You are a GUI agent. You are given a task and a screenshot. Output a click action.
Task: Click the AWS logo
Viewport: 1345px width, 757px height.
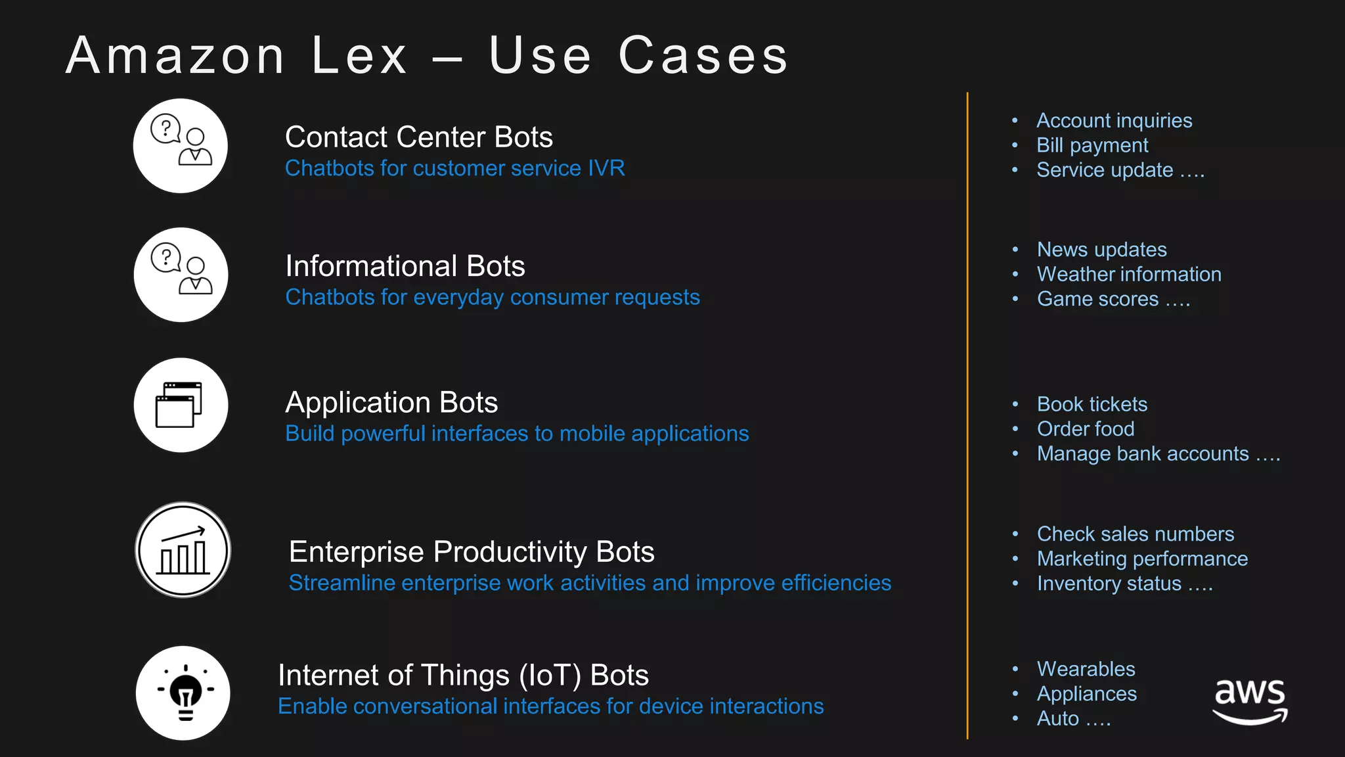(1250, 700)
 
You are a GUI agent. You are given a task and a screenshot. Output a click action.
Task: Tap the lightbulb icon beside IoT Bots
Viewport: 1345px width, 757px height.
(183, 693)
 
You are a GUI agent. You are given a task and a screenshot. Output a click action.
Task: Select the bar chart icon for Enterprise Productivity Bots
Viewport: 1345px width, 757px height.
(183, 550)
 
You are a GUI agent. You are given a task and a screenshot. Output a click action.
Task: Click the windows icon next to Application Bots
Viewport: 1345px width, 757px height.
(181, 405)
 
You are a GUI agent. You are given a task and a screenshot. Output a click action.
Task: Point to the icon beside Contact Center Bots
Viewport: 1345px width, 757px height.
(181, 146)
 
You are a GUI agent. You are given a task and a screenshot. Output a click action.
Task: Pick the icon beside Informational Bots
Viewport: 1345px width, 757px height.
(181, 275)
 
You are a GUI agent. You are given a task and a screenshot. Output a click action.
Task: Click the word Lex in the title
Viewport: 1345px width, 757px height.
(359, 56)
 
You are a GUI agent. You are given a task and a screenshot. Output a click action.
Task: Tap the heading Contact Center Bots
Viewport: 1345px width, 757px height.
(419, 137)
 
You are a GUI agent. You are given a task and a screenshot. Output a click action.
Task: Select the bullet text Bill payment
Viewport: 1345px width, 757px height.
(1092, 145)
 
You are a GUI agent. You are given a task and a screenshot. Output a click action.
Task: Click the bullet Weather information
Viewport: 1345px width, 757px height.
(1129, 274)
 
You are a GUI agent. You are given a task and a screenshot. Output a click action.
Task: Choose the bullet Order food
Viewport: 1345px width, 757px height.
(1086, 429)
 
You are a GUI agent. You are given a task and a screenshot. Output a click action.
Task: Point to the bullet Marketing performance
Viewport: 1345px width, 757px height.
(1142, 559)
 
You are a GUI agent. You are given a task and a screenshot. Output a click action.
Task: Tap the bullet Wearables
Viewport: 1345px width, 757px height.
(1086, 669)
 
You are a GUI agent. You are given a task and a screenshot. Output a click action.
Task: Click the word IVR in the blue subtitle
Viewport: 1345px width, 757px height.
(606, 168)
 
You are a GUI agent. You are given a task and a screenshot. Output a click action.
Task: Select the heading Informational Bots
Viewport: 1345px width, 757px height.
(405, 266)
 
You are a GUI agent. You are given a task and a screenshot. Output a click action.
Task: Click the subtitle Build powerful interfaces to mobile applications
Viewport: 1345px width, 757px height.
(517, 434)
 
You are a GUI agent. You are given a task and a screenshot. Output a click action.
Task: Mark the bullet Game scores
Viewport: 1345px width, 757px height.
(1097, 299)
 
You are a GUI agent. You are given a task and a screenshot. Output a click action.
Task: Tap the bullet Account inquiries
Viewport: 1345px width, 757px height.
(1114, 121)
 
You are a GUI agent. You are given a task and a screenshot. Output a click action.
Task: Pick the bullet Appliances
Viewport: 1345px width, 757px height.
(1086, 694)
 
